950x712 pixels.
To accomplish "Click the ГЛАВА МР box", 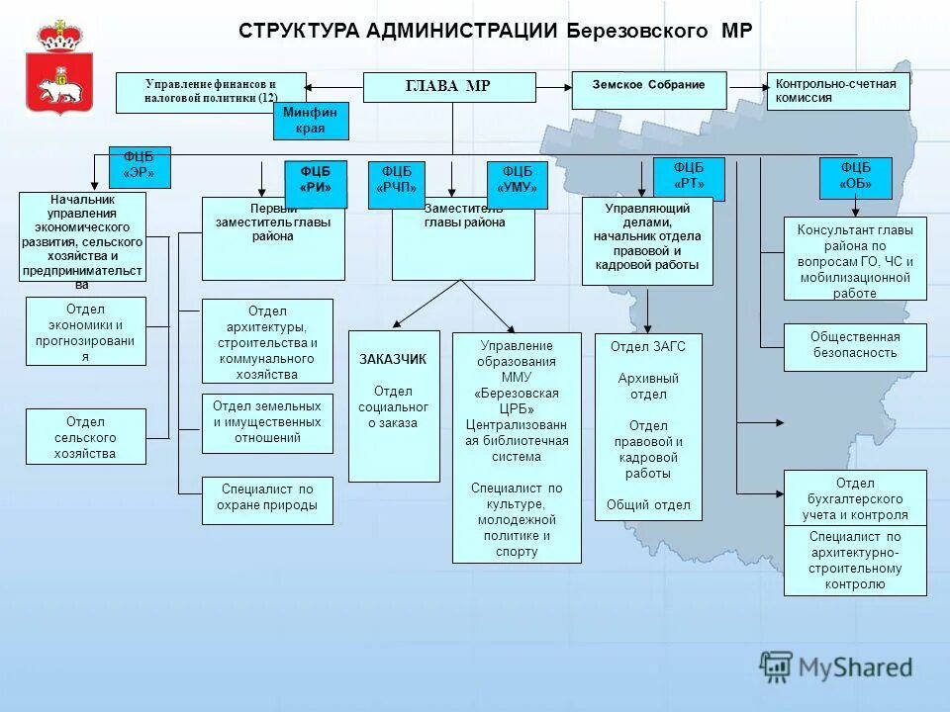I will click(449, 87).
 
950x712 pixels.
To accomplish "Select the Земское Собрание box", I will click(648, 90).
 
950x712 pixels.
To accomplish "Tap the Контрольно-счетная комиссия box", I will click(837, 91).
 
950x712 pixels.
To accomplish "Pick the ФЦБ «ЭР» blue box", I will click(139, 167).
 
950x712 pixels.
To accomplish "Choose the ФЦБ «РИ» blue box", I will click(316, 183).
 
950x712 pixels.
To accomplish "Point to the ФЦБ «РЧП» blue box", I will click(397, 184).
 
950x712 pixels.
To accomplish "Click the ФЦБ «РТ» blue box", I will click(689, 179).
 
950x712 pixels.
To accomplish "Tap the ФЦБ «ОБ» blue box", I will click(855, 178).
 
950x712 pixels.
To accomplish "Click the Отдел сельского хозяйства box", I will click(85, 436).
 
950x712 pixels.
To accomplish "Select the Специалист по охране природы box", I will click(267, 499).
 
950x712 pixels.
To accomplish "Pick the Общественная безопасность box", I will click(855, 346).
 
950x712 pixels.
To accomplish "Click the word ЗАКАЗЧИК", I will click(393, 359).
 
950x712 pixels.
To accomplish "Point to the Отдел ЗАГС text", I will click(648, 346).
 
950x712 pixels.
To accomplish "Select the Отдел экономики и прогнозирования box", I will click(85, 331).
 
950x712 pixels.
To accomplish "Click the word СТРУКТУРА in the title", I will click(298, 30).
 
